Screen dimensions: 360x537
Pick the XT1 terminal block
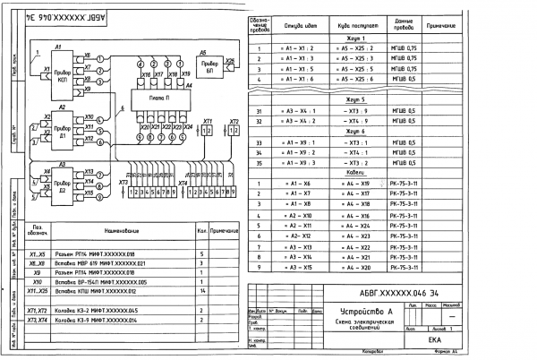[x=208, y=131]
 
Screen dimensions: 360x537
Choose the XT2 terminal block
[x=234, y=131]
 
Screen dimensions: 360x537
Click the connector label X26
[x=230, y=63]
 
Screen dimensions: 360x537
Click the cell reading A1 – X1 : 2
[x=293, y=58]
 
